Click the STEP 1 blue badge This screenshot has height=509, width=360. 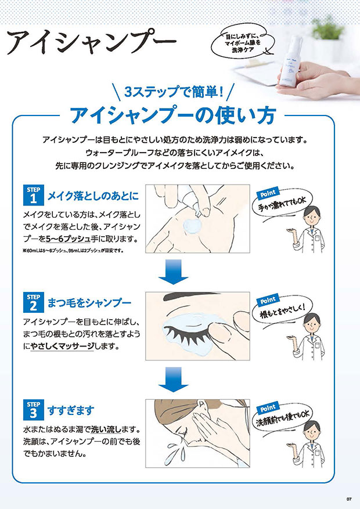34,195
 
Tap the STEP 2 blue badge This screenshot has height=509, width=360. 34,302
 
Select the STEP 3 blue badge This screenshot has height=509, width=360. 34,410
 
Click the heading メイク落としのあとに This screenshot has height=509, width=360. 93,196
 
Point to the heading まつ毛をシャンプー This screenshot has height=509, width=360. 89,303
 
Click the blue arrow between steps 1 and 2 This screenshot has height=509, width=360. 174,272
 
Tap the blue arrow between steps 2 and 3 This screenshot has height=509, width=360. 174,379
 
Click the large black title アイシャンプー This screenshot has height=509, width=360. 92,42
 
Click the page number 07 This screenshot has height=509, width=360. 349,499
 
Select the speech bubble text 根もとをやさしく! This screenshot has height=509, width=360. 282,311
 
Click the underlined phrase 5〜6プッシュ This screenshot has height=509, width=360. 68,239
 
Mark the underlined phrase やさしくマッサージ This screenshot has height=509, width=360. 62,346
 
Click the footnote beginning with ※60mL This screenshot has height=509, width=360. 73,250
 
